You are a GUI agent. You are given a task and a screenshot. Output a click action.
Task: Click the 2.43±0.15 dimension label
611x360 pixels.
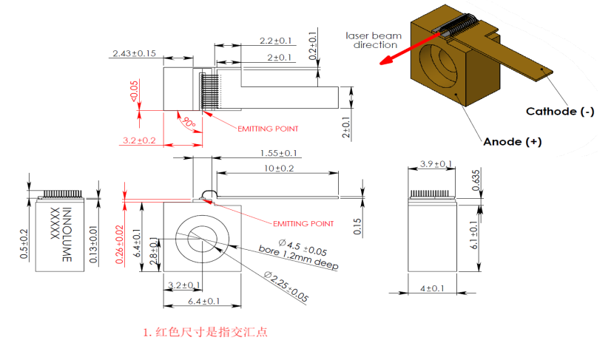133,52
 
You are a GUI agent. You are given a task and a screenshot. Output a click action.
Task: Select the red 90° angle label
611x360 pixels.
189,122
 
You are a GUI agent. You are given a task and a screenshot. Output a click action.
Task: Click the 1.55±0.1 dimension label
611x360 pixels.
279,153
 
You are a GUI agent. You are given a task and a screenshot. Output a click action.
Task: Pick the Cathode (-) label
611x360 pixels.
559,112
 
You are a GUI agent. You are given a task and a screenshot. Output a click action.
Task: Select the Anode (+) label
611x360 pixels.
512,142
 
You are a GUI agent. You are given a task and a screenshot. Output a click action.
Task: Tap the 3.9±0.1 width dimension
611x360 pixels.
436,163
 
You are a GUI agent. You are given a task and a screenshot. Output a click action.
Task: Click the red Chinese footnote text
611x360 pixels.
205,332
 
